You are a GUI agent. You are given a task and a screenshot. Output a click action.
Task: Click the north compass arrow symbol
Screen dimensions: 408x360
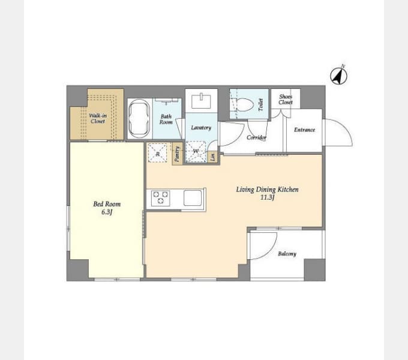(x=338, y=76)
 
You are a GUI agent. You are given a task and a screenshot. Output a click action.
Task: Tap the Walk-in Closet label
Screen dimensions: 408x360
(x=98, y=118)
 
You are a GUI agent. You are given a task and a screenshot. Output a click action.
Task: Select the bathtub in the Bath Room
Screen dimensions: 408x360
(x=139, y=118)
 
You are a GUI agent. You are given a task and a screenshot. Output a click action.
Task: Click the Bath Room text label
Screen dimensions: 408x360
(x=166, y=119)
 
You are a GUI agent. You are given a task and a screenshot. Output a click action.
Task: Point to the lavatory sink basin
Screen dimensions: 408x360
(x=201, y=101)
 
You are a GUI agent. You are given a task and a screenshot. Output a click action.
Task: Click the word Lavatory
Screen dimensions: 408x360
(x=201, y=127)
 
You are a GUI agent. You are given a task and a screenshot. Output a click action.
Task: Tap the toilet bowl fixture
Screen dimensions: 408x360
(x=245, y=104)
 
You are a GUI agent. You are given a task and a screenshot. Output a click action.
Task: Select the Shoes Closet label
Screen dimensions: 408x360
(x=286, y=100)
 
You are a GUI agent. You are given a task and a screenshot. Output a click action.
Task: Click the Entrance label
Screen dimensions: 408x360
(x=304, y=130)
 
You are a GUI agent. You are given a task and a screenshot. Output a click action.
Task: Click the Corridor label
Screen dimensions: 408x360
(x=256, y=137)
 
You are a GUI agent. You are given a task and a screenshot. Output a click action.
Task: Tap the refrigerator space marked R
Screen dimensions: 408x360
(x=157, y=153)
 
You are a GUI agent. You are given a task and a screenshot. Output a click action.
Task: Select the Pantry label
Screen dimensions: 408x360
(x=177, y=154)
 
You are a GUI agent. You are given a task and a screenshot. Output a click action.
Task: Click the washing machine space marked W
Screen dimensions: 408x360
(x=196, y=151)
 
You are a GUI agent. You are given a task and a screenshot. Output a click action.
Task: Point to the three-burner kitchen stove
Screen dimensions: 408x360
(x=161, y=198)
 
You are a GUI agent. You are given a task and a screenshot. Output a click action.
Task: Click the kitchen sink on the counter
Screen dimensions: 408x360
(x=193, y=198)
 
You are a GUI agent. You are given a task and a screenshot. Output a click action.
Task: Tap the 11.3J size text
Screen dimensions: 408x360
(x=268, y=197)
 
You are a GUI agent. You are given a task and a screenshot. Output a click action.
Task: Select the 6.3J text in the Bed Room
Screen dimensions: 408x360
(x=107, y=212)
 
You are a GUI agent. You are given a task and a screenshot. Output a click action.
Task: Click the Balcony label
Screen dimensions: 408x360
(x=287, y=254)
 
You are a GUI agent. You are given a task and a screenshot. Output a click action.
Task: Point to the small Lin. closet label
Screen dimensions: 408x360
(x=213, y=157)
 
